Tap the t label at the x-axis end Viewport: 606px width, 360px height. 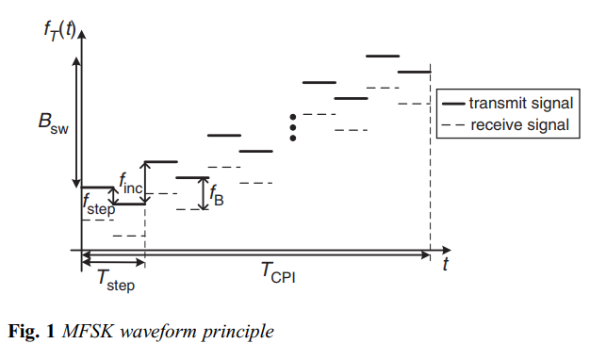click(445, 265)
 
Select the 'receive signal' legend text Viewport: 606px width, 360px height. click(519, 123)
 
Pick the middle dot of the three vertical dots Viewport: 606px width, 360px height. click(293, 127)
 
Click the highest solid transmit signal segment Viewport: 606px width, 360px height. click(383, 57)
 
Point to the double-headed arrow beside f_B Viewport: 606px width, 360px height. click(204, 193)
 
